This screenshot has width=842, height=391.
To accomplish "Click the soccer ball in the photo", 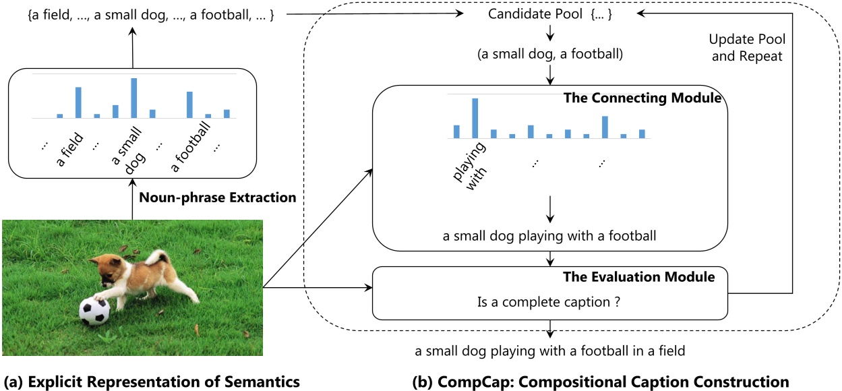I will pos(94,311).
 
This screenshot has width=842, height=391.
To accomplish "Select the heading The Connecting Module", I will pos(642,98).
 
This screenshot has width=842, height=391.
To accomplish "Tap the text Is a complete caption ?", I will pos(550,303).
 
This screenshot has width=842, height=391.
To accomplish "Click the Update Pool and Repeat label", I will pos(747,47).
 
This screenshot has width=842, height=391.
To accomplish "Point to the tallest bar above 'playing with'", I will pos(475,117).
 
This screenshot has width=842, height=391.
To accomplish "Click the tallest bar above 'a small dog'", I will pos(134,98).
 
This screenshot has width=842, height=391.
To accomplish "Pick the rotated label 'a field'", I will pos(69,150).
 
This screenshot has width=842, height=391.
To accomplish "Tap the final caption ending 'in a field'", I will pos(550,351).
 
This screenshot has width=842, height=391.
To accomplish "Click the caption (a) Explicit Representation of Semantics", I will pos(152,382).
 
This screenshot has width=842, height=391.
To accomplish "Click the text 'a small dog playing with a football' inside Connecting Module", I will pos(550,236).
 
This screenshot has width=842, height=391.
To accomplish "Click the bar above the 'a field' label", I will pos(78,102).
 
